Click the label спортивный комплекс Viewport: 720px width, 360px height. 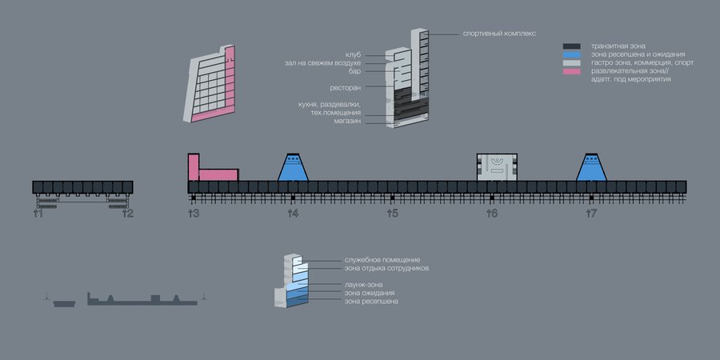click(x=498, y=34)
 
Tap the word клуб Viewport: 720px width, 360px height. click(x=353, y=54)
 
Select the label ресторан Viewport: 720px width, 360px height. click(x=346, y=87)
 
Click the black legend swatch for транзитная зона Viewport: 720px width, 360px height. click(x=571, y=46)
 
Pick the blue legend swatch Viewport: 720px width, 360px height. click(x=571, y=54)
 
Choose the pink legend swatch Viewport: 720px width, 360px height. click(x=571, y=72)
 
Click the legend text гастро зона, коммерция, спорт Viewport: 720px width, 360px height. click(x=642, y=63)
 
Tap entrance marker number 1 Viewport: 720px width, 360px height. click(x=38, y=214)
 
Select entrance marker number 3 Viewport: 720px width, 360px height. click(x=193, y=214)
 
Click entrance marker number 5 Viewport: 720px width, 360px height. click(x=392, y=214)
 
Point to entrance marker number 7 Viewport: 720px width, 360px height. click(x=591, y=214)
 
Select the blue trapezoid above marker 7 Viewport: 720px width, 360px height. click(x=591, y=167)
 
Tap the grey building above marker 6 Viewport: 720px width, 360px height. click(x=498, y=166)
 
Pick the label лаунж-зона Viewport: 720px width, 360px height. click(x=363, y=285)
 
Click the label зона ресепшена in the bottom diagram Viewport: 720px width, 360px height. click(x=371, y=302)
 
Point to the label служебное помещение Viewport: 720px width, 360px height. click(x=382, y=261)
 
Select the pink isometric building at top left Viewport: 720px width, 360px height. click(x=213, y=86)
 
